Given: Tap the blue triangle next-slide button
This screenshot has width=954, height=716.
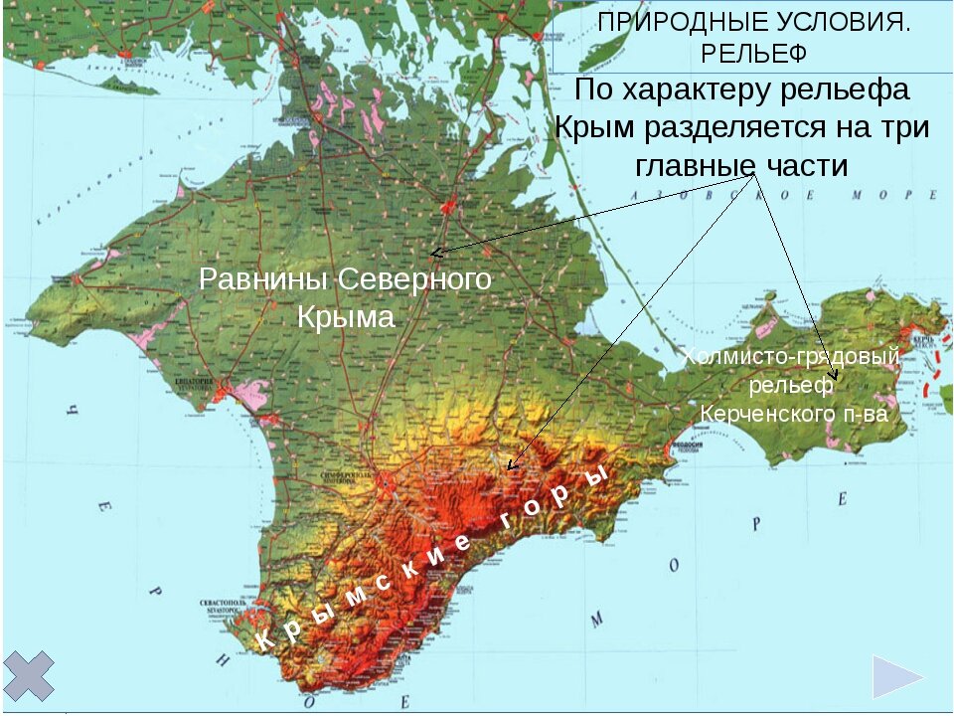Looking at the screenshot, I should (897, 678).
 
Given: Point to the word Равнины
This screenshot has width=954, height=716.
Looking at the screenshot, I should (264, 280).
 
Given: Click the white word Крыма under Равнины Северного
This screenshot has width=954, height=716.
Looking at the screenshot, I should (346, 318).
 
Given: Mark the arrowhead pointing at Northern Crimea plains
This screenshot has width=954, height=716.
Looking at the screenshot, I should (435, 253).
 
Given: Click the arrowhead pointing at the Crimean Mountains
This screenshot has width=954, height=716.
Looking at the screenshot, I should (511, 465).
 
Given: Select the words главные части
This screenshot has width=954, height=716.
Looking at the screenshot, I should (741, 165).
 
